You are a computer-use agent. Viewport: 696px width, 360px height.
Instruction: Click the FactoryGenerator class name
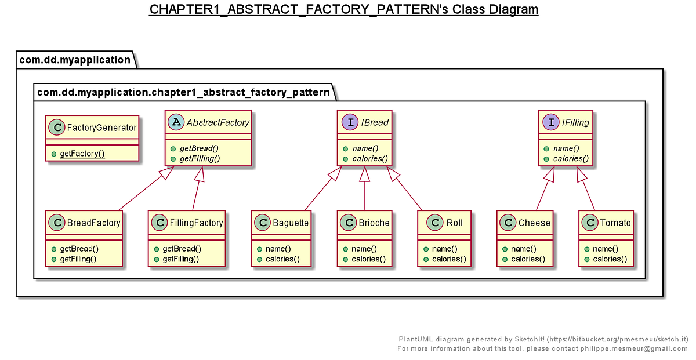click(x=101, y=128)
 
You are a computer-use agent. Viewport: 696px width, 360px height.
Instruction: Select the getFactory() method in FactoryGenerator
click(x=82, y=154)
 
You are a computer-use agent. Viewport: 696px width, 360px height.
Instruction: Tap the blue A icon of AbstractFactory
click(x=176, y=122)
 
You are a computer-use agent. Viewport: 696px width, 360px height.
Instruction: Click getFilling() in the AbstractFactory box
click(x=200, y=159)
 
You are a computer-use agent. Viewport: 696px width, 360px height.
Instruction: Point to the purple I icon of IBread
click(x=350, y=122)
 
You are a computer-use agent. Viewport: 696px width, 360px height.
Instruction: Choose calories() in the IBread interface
click(x=370, y=159)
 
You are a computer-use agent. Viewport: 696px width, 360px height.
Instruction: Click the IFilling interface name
click(x=575, y=122)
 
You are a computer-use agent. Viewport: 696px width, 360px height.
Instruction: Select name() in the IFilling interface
click(x=566, y=148)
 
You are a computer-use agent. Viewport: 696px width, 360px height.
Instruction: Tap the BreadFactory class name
click(x=93, y=223)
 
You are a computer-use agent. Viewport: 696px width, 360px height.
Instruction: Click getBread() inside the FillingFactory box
click(x=182, y=249)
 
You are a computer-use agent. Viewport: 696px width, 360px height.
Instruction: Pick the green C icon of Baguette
click(x=263, y=223)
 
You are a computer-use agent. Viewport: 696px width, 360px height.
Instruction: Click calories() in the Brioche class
click(x=368, y=259)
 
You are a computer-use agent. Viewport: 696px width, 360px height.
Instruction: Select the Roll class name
click(x=454, y=223)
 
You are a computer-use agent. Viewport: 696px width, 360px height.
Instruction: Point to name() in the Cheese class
click(x=524, y=249)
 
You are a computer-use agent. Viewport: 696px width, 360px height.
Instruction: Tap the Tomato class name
click(x=615, y=223)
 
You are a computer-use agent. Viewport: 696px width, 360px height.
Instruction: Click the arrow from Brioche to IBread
click(x=365, y=188)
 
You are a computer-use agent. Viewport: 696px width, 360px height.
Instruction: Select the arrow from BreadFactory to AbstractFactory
click(x=146, y=188)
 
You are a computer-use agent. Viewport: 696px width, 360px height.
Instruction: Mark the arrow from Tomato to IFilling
click(x=586, y=188)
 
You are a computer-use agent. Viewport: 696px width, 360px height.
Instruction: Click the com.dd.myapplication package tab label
click(x=75, y=60)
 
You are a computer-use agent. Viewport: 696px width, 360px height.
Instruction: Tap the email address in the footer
click(x=634, y=348)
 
